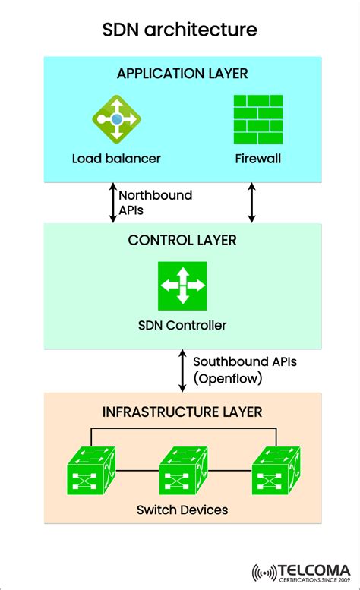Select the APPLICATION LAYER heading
tap(182, 74)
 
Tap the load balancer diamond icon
tap(116, 120)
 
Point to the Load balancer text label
tap(116, 159)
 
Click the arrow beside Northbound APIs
tap(113, 202)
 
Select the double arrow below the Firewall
tap(252, 202)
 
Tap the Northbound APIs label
tap(156, 202)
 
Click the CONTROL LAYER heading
tap(182, 241)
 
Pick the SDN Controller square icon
tap(182, 286)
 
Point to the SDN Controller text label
tap(182, 326)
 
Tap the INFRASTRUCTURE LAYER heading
tap(182, 412)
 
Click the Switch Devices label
tap(182, 510)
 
